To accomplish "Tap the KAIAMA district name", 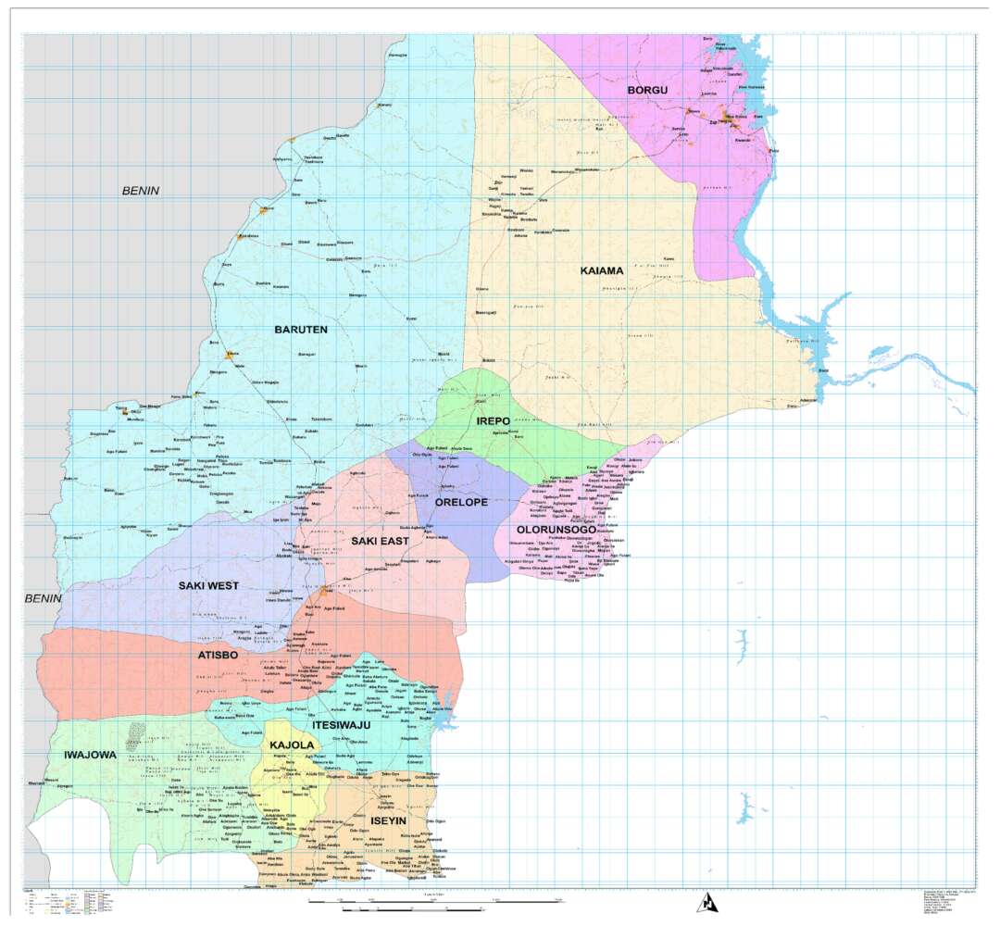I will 602,270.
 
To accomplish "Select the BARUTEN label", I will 301,329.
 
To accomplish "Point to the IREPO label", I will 493,421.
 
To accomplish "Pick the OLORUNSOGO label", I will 556,530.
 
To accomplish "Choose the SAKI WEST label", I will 208,585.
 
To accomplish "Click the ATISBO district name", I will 219,655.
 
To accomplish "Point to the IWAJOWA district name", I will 90,755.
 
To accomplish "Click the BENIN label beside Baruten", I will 141,191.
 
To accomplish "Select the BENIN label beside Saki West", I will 42,598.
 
